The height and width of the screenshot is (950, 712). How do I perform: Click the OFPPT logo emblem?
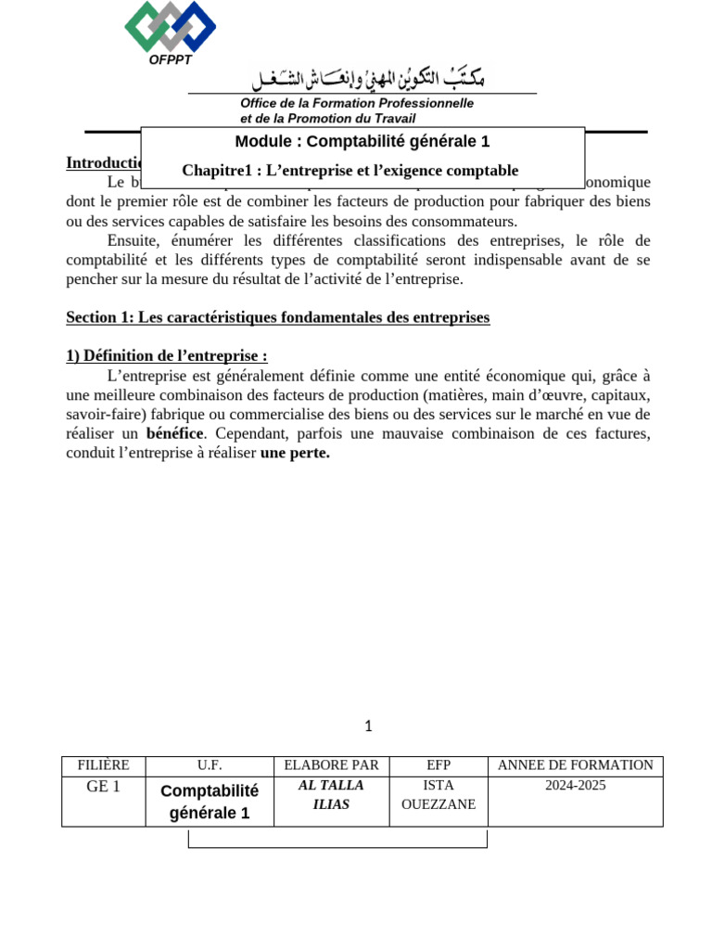click(170, 26)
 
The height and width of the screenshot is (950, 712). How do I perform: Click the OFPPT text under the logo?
click(170, 60)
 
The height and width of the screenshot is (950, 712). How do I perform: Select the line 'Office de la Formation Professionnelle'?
click(357, 103)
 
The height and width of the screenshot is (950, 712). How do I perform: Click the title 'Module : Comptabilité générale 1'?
click(362, 142)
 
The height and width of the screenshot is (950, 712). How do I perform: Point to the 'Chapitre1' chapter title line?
click(350, 171)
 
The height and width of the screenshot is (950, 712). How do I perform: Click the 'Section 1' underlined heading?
click(277, 318)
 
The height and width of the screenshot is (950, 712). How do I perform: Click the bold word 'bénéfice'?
click(175, 433)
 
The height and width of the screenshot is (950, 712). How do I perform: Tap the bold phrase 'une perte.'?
click(295, 454)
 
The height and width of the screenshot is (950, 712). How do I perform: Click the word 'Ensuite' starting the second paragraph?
click(133, 240)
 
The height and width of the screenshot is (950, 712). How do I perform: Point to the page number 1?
click(368, 725)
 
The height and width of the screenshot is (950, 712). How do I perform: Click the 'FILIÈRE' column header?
click(103, 765)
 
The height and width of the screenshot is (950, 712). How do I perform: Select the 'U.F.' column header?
click(209, 765)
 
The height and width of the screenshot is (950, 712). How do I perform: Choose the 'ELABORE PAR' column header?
click(331, 765)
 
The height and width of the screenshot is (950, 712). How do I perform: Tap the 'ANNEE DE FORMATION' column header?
click(575, 765)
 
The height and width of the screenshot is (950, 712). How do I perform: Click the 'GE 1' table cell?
click(103, 786)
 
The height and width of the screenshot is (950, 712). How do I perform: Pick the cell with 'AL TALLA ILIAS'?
click(331, 795)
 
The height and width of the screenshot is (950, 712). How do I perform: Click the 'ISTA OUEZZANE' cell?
click(439, 795)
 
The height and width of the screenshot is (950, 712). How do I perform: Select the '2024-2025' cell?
click(575, 786)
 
